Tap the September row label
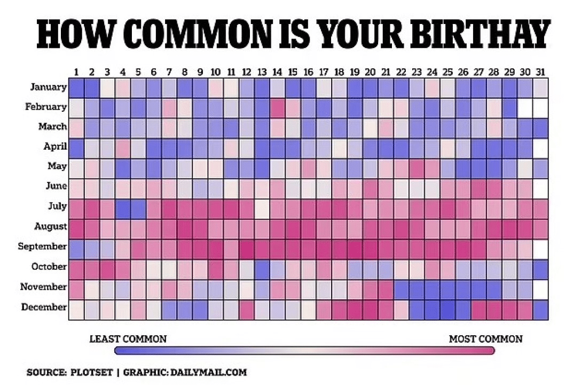coord(42,246)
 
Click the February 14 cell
coord(277,107)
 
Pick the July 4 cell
coord(123,207)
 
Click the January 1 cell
coord(76,87)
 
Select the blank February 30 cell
coord(525,107)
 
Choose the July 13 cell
coord(262,207)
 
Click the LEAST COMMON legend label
coord(128,339)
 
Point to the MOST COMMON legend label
coord(485,339)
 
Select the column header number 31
coord(540,72)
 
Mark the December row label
coord(44,307)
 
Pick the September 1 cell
coord(76,247)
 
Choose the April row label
coord(54,146)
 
